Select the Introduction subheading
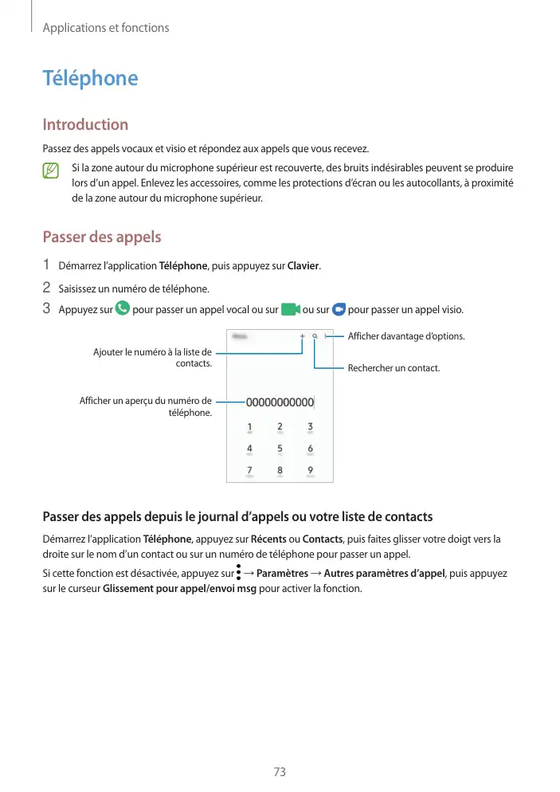click(85, 124)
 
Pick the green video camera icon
click(290, 308)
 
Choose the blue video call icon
click(339, 308)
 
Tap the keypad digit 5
click(280, 449)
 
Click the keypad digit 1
click(249, 427)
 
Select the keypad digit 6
click(310, 449)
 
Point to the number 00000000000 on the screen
click(280, 402)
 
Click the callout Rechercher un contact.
click(394, 368)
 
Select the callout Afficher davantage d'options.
click(406, 336)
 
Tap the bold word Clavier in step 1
click(303, 265)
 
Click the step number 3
click(46, 308)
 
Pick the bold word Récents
click(268, 539)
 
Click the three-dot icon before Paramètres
click(238, 572)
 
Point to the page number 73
click(280, 772)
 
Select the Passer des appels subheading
click(101, 237)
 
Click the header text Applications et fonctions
click(106, 28)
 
